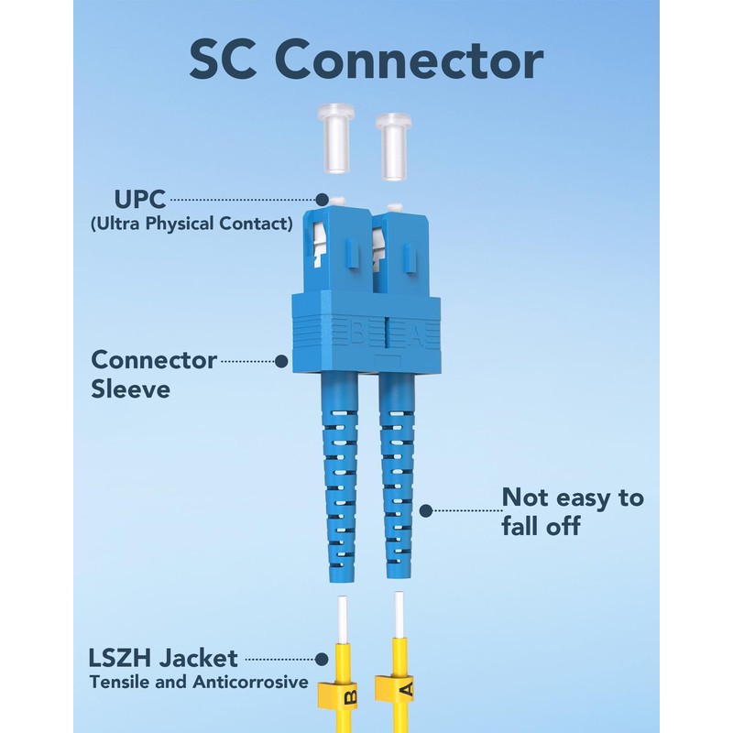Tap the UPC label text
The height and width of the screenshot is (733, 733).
click(x=139, y=198)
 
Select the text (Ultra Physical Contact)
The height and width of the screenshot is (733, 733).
click(x=191, y=223)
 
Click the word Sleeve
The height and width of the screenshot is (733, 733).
click(x=131, y=388)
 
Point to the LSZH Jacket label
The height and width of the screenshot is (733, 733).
click(x=163, y=658)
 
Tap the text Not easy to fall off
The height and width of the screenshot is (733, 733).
click(x=572, y=511)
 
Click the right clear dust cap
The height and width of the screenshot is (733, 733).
click(x=396, y=139)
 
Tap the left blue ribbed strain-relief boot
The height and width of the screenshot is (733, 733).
click(x=337, y=476)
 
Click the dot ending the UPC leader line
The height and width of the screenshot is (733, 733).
click(x=323, y=199)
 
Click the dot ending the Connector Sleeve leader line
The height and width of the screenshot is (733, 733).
click(x=281, y=361)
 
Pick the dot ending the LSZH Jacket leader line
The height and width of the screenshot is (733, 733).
click(x=322, y=658)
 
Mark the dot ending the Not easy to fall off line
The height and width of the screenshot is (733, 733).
click(x=426, y=509)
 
